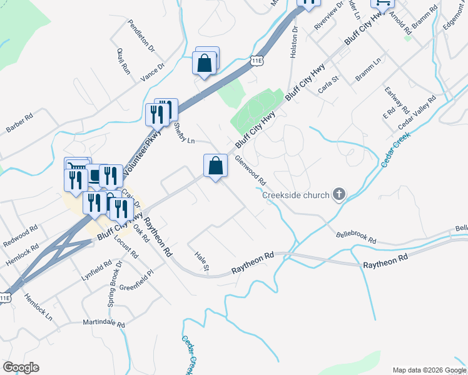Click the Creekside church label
pyautogui.click(x=295, y=195)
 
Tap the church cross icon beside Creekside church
pyautogui.click(x=338, y=195)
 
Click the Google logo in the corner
pyautogui.click(x=21, y=367)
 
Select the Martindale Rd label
pyautogui.click(x=104, y=324)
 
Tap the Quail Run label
pyautogui.click(x=123, y=61)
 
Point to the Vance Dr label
pyautogui.click(x=153, y=72)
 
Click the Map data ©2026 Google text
pyautogui.click(x=429, y=370)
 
